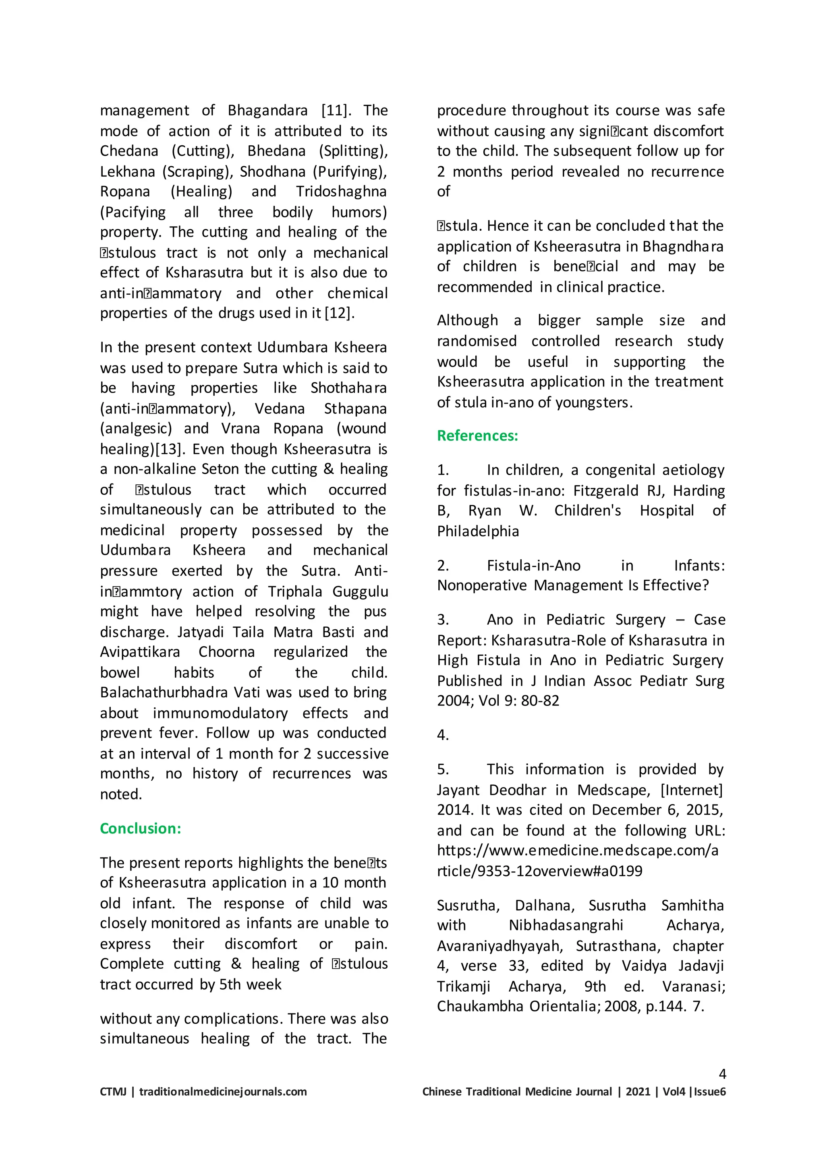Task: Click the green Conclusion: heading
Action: coord(140,828)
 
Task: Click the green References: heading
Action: coord(477,436)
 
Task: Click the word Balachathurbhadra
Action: coord(166,693)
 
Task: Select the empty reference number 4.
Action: coord(442,735)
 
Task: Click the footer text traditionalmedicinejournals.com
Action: coord(222,1092)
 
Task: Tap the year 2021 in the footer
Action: coord(638,1092)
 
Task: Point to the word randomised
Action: coord(477,341)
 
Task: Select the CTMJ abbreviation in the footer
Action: coord(113,1092)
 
